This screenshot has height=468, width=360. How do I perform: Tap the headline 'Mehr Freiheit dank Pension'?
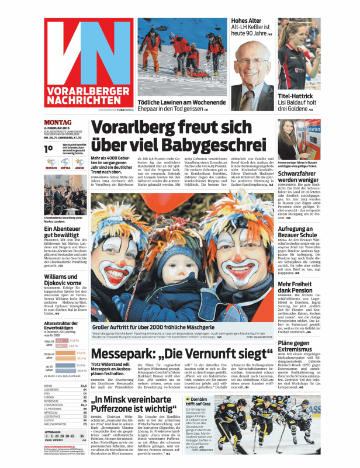click(x=299, y=286)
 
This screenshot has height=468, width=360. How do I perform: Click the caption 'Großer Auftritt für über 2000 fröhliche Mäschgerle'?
click(x=168, y=327)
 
